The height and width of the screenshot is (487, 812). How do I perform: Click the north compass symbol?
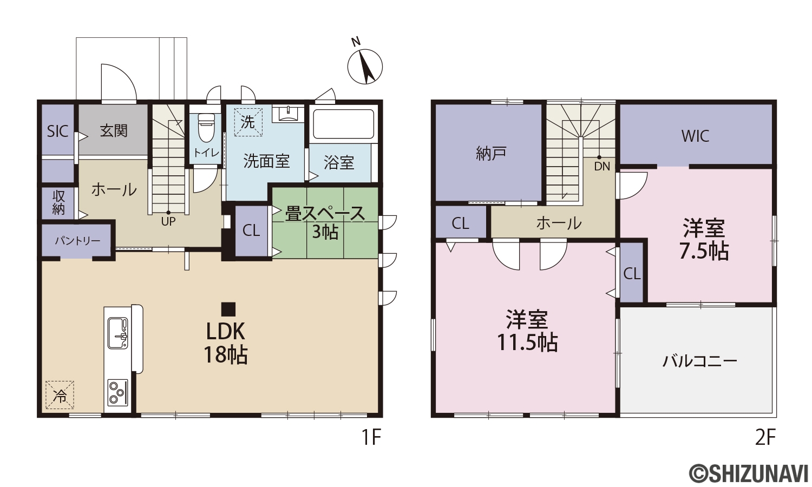coord(365,67)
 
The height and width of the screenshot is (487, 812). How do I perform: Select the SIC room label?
coord(57,131)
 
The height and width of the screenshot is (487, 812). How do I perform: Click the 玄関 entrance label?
coord(114,131)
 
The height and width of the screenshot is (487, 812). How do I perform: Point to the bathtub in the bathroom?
coord(343,124)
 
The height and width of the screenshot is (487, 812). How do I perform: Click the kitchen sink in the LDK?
coord(118,334)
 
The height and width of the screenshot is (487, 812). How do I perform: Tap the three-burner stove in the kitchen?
coord(118,393)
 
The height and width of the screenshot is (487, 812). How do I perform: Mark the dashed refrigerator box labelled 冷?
coord(60,395)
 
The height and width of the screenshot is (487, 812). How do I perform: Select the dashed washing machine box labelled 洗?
coord(248,122)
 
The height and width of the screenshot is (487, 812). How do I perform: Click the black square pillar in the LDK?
coord(228,310)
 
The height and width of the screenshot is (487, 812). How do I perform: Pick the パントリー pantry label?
coord(77,241)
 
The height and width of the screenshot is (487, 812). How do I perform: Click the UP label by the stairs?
coord(168,221)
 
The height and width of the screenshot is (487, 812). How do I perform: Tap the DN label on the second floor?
coord(602,167)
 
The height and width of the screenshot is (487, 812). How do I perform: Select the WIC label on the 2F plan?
coord(695,136)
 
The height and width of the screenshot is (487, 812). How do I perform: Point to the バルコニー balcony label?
coord(699,361)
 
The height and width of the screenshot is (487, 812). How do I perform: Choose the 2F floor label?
coord(765,438)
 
